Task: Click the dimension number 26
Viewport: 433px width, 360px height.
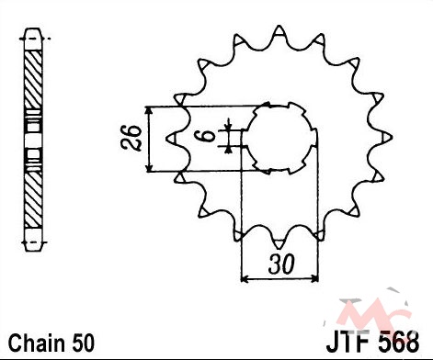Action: (131, 138)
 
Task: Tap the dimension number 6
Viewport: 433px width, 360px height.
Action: (209, 135)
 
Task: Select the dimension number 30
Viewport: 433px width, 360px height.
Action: (281, 264)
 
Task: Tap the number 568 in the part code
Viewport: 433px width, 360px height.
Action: (399, 342)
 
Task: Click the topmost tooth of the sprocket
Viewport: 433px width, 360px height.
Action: (279, 31)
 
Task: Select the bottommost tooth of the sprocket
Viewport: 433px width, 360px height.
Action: (279, 243)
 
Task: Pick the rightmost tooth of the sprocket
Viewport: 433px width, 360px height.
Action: (387, 138)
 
